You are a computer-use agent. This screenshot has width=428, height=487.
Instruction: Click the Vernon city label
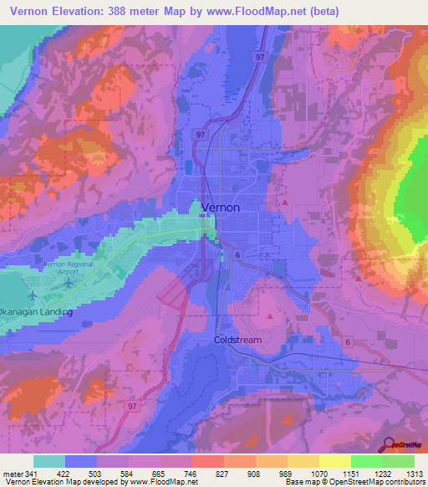(x=221, y=207)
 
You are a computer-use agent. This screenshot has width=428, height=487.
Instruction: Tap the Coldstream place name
(x=238, y=341)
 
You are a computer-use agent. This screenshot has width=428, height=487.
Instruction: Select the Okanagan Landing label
(x=36, y=312)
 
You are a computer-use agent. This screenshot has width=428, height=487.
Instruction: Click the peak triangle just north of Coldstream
(x=269, y=316)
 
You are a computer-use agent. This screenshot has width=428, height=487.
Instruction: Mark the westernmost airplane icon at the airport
(x=33, y=295)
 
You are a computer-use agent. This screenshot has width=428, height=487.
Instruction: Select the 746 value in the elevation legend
(x=191, y=474)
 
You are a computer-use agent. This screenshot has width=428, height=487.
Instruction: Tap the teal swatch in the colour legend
(x=49, y=461)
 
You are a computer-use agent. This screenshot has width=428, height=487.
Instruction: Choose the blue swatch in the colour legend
(x=81, y=461)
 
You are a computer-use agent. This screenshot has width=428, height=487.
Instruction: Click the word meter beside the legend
(x=13, y=474)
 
